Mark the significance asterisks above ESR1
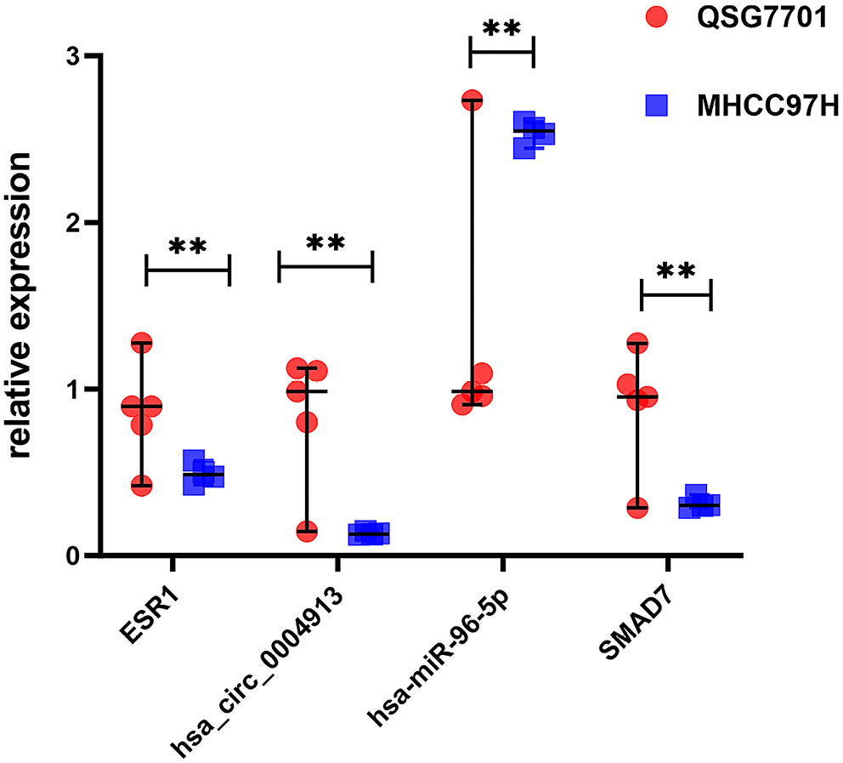(x=187, y=248)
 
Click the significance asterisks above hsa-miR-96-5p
(x=501, y=29)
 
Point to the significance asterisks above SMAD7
(x=675, y=272)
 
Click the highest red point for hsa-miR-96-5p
(x=472, y=100)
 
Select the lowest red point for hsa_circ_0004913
(x=307, y=531)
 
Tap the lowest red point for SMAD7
(x=637, y=507)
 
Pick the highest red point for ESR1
(x=141, y=344)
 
